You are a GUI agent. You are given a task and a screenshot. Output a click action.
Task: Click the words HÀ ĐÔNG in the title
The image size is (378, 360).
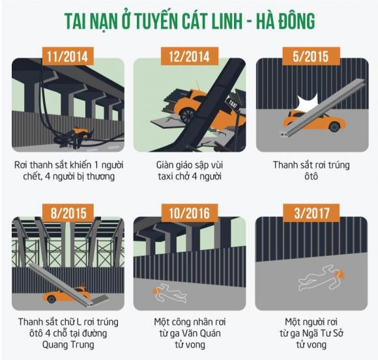point(281,21)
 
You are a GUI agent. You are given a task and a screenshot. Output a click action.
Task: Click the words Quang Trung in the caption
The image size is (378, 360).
point(68,345)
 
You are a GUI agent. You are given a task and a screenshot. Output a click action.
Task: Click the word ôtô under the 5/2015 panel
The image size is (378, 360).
point(310,176)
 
